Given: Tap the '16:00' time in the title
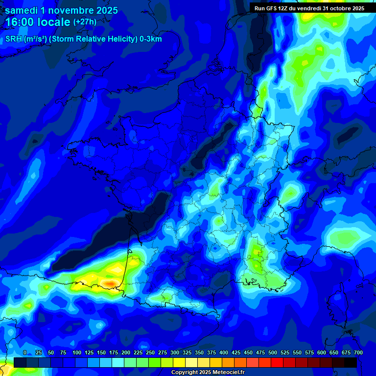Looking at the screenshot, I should pyautogui.click(x=23, y=22).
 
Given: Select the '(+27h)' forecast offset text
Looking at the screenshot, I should pyautogui.click(x=85, y=22).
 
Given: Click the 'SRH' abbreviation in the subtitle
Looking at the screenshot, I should pyautogui.click(x=14, y=39).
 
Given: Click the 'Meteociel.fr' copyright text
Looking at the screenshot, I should pyautogui.click(x=225, y=373).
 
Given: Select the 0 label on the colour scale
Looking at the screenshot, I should pyautogui.click(x=25, y=352).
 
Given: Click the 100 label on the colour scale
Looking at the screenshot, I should pyautogui.click(x=77, y=352).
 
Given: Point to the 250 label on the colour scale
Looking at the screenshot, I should pyautogui.click(x=150, y=352).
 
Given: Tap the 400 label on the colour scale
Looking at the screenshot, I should pyautogui.click(x=224, y=352).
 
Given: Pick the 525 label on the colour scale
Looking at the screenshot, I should pyautogui.click(x=285, y=352).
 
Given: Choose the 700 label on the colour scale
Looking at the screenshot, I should pyautogui.click(x=358, y=352).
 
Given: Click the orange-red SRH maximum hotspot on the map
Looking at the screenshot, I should pyautogui.click(x=110, y=283).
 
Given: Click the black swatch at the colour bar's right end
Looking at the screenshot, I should pyautogui.click(x=350, y=362).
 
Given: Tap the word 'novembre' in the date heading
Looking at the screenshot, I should pyautogui.click(x=71, y=10).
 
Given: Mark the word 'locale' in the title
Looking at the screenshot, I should pyautogui.click(x=55, y=22).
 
